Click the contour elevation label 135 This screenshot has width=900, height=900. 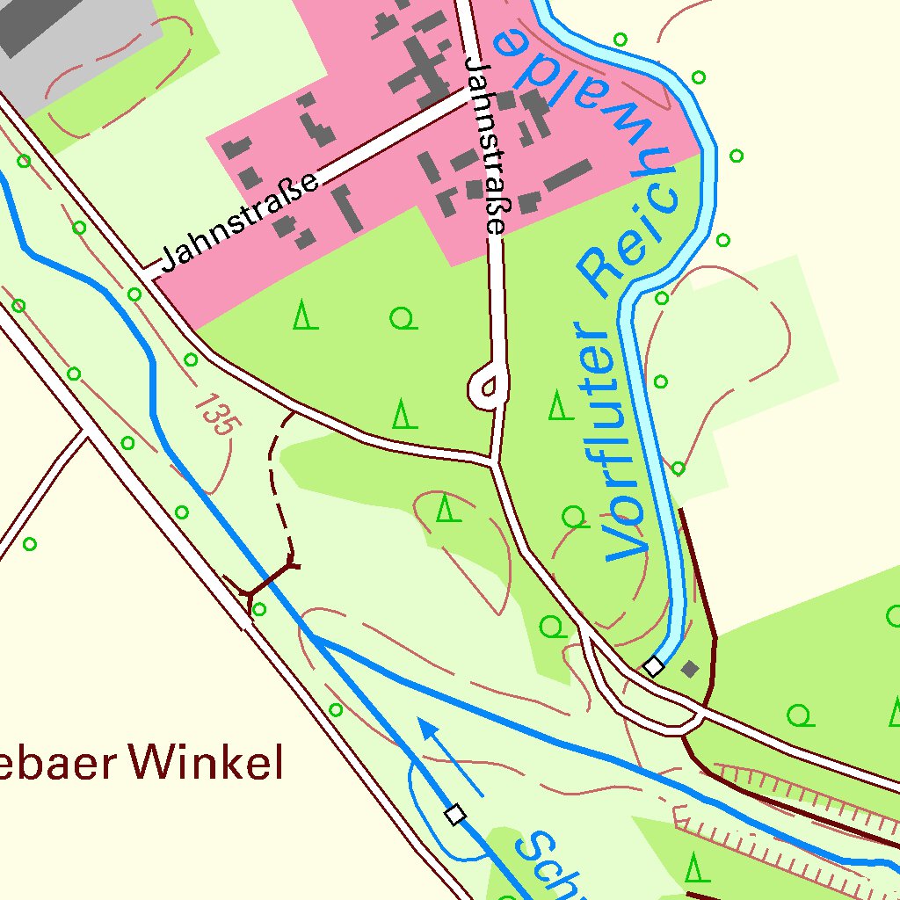coord(216,414)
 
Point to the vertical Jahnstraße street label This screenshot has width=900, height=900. coord(486,145)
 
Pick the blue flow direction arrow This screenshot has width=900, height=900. coord(449,755)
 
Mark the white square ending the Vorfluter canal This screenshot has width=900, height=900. coord(653,667)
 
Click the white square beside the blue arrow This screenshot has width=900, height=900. coord(454,815)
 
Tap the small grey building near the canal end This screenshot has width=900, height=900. coord(691,669)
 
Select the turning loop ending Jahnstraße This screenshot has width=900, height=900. coord(489,387)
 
